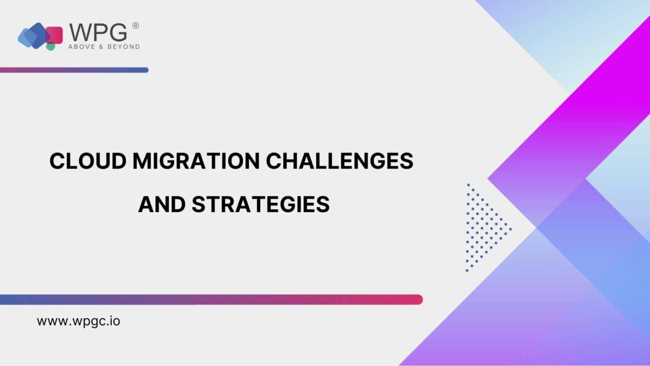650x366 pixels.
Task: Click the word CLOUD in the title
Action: click(88, 161)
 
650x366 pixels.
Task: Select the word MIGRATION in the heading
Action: click(196, 161)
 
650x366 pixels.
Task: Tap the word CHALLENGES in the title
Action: click(339, 161)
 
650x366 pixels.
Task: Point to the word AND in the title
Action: click(162, 204)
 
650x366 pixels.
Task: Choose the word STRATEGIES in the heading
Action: click(260, 204)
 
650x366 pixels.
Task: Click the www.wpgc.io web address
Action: click(78, 321)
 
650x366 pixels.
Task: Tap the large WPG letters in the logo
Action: click(99, 32)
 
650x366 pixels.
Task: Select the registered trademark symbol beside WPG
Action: click(136, 26)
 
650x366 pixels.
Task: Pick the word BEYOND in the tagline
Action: click(123, 47)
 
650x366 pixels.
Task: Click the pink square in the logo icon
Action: click(55, 35)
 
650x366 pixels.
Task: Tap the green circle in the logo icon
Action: click(51, 47)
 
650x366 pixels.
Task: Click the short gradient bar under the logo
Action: click(74, 70)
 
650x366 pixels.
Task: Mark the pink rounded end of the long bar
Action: click(418, 300)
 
